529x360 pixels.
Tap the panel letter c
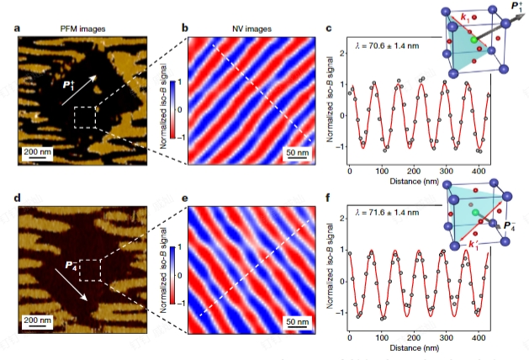pos(329,31)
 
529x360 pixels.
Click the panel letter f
pos(329,199)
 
